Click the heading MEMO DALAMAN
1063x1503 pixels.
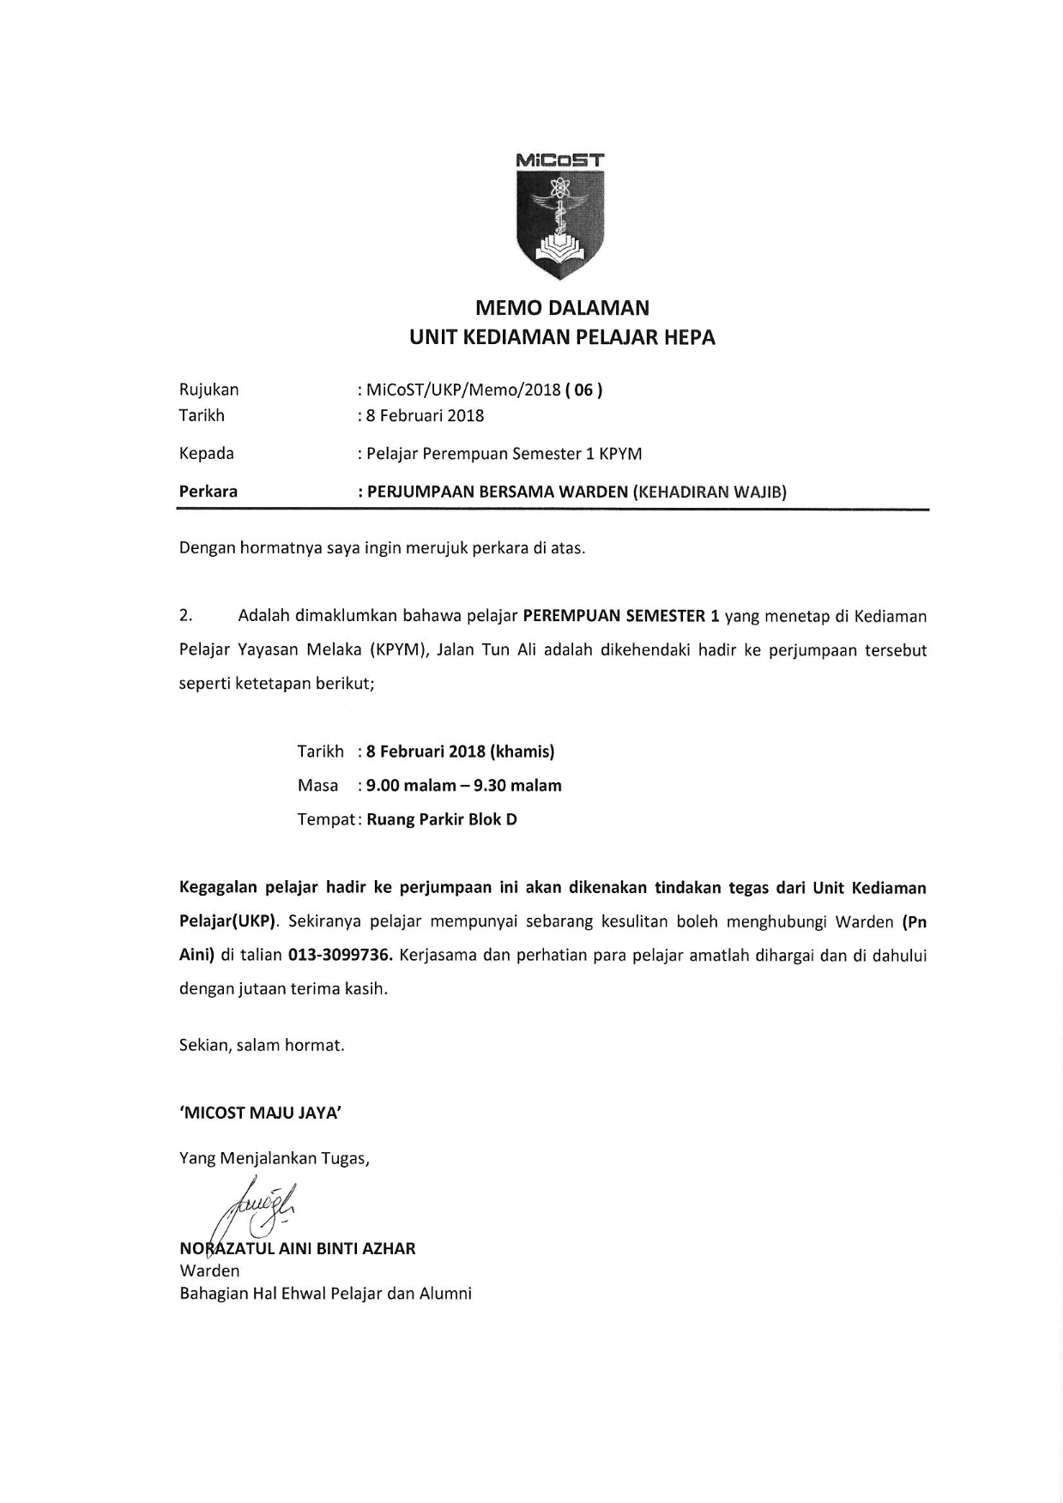562,308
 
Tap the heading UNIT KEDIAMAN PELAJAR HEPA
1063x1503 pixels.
562,337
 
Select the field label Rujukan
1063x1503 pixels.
208,389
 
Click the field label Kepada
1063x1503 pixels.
206,453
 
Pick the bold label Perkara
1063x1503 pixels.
208,492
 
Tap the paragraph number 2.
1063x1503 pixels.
184,616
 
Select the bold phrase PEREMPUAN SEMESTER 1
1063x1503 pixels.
620,616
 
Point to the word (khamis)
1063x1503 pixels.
522,751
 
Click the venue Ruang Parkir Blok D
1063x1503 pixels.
442,819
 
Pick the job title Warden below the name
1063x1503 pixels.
209,1271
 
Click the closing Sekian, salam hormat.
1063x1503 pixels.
262,1045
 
